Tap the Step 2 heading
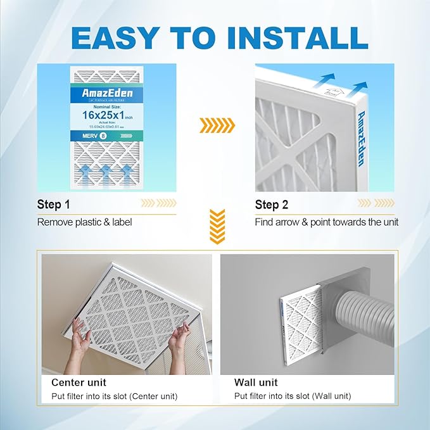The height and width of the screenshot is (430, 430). click(x=272, y=205)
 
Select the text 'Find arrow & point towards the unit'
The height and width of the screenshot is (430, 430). click(x=327, y=222)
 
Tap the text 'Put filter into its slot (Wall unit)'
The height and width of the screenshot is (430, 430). click(x=293, y=396)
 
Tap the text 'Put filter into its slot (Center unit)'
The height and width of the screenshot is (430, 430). click(x=114, y=396)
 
